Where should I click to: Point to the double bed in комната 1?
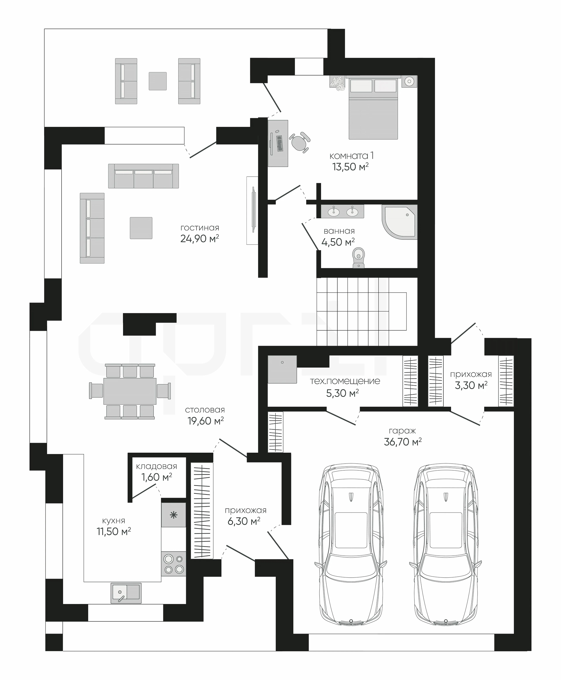(373, 108)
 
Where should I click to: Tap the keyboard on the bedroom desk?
(280, 143)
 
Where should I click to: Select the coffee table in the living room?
(141, 228)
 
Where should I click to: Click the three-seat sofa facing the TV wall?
(143, 176)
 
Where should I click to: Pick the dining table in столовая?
(130, 391)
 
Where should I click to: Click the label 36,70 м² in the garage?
(403, 442)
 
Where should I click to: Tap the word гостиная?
(200, 228)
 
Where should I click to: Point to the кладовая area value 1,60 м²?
(157, 477)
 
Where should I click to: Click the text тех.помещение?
(345, 381)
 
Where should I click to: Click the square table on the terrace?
(158, 81)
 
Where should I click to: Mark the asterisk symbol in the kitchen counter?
(174, 515)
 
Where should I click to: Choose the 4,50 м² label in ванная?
(338, 242)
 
